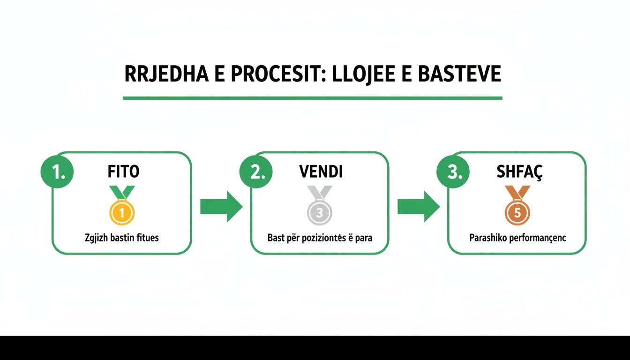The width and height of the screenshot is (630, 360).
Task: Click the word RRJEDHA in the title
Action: point(166,74)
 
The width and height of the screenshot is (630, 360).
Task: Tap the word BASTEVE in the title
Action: point(459,74)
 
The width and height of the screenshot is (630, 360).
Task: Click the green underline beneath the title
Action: point(313,98)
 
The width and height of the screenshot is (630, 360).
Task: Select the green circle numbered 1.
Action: point(57,172)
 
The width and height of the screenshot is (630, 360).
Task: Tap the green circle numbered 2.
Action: point(256,172)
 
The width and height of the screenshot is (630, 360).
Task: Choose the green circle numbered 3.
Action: point(453,172)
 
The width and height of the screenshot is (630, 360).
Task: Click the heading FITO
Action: point(123,171)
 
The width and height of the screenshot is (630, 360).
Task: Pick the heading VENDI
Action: point(321,171)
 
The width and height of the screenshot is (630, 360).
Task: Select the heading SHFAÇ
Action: point(519,172)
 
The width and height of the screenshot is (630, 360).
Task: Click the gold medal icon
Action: point(122,205)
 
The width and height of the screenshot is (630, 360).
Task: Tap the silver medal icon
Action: point(319,205)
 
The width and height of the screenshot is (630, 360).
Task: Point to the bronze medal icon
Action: point(517,205)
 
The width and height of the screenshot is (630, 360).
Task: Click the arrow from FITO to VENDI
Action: point(221,207)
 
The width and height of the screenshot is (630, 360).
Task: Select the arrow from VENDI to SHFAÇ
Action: point(419,207)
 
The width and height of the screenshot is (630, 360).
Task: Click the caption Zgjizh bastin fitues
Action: point(122,238)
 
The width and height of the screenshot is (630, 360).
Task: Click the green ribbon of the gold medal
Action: point(122,192)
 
